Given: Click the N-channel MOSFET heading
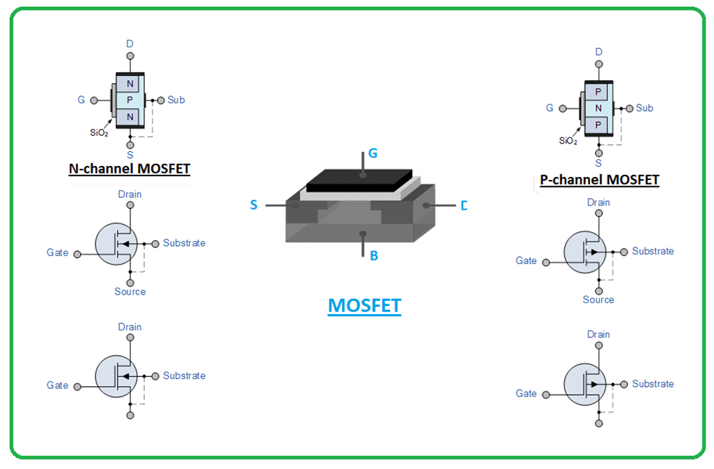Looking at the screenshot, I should coord(129,169).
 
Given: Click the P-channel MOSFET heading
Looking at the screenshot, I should coord(599,180).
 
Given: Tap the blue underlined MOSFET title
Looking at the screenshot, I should coord(364,306).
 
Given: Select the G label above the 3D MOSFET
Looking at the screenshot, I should coord(373,153).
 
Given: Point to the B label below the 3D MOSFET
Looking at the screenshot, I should coord(374,256).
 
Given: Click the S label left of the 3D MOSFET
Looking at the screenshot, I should coord(254,205).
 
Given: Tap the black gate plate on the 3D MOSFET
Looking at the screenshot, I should coord(359,180).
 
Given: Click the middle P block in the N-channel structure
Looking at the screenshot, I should coord(130,100).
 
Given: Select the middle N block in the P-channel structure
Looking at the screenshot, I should coord(598,109).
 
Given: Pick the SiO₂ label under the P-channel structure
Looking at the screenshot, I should coord(568,141).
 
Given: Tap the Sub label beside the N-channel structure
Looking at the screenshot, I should coord(176,100).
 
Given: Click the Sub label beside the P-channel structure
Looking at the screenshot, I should coord(644,108).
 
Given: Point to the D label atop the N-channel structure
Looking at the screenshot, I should coord(130,44).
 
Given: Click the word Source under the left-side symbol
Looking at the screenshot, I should coord(130,291).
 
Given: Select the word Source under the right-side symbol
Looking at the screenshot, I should coord(598,300).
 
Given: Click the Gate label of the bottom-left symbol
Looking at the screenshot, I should coord(57,385).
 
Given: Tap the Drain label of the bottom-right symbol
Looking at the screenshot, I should coord(598,335).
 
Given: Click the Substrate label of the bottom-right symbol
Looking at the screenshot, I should coord(653,384).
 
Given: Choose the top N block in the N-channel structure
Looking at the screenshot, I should coord(130,84).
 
